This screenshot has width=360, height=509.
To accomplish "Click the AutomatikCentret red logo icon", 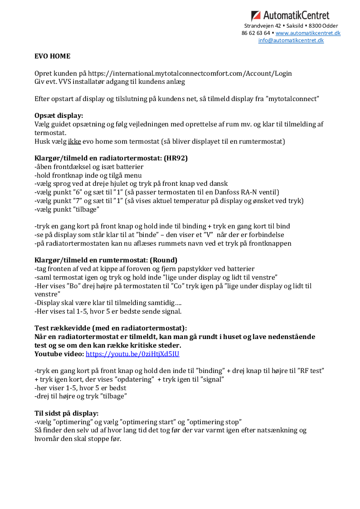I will (x=256, y=16).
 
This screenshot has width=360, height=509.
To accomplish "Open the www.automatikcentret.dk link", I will (x=308, y=33).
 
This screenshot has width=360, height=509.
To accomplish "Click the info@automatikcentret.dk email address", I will (x=291, y=40).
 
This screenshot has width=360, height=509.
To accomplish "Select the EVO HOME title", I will (x=53, y=57).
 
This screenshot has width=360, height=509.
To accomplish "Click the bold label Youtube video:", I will (x=59, y=354).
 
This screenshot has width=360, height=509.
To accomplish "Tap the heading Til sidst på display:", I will (x=67, y=413).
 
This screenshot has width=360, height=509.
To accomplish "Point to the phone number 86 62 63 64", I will (x=256, y=33).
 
